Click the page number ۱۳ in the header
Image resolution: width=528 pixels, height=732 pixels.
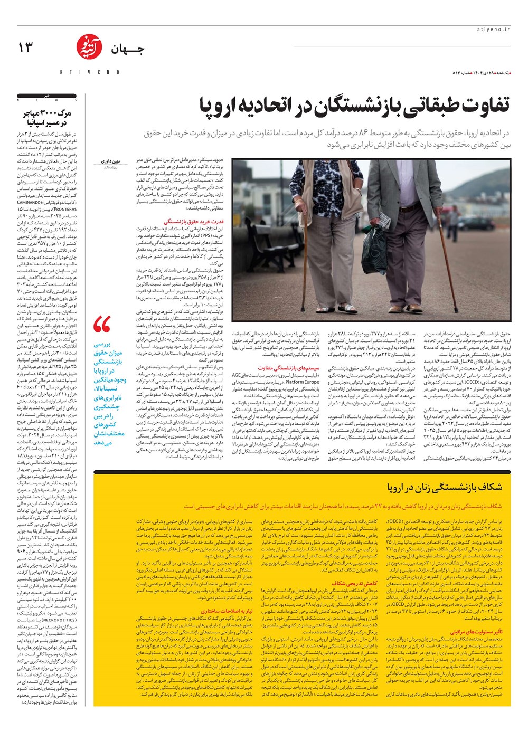pyautogui.click(x=25, y=47)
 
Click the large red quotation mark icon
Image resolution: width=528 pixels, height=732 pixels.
pyautogui.click(x=102, y=325)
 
